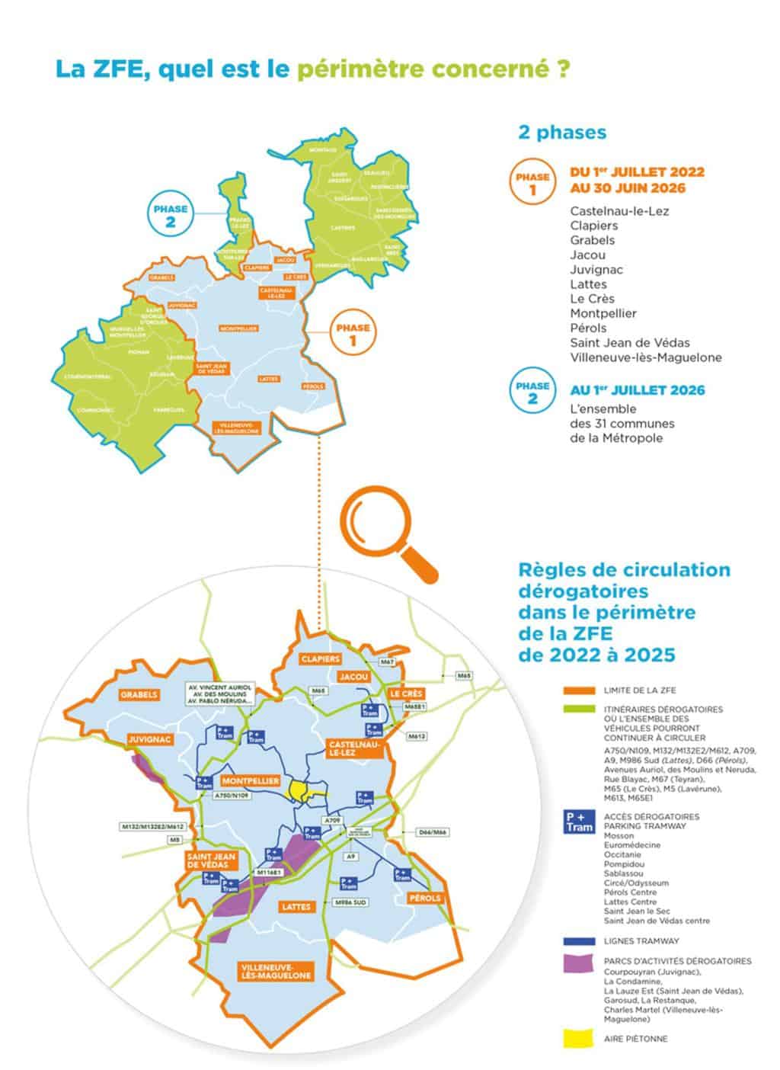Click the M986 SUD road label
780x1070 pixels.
(x=351, y=902)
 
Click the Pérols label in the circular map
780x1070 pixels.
(x=424, y=898)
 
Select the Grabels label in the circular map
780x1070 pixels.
(x=139, y=694)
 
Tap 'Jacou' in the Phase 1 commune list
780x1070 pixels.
(x=587, y=255)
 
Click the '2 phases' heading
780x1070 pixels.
(x=561, y=133)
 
